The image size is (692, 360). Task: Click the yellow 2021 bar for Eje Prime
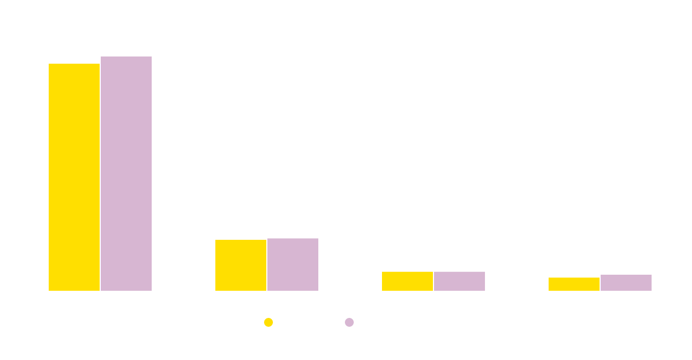(x=74, y=177)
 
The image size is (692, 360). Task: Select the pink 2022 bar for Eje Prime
(x=126, y=173)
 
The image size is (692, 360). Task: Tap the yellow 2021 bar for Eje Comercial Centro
(x=241, y=265)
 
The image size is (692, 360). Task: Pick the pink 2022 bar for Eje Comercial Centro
(x=293, y=264)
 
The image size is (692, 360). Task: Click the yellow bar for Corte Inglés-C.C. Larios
(x=407, y=281)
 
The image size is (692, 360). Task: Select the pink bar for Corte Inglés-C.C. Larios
(x=459, y=281)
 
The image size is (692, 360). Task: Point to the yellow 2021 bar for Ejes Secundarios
(x=574, y=284)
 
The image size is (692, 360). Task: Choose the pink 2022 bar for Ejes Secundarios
(x=626, y=282)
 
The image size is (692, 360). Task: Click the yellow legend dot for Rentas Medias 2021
(x=268, y=322)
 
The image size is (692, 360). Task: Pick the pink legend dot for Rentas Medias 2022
(x=349, y=322)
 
